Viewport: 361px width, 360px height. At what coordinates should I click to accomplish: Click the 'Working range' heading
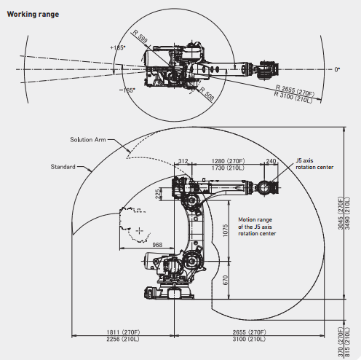tap(33, 15)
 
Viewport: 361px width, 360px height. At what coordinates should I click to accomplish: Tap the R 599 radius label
tap(140, 37)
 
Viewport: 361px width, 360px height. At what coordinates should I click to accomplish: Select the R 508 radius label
tap(207, 94)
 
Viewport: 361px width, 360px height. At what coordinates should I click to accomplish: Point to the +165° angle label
tap(118, 47)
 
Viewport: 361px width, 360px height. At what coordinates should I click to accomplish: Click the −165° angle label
tap(127, 90)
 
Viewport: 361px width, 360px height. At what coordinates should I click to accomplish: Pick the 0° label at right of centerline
tap(337, 70)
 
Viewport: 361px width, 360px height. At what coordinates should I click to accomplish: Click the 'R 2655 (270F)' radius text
tap(295, 90)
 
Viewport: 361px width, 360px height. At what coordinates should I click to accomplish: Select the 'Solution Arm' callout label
tap(88, 140)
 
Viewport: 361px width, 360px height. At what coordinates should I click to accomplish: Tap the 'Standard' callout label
tap(63, 167)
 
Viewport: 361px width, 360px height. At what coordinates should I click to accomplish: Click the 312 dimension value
tap(183, 161)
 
